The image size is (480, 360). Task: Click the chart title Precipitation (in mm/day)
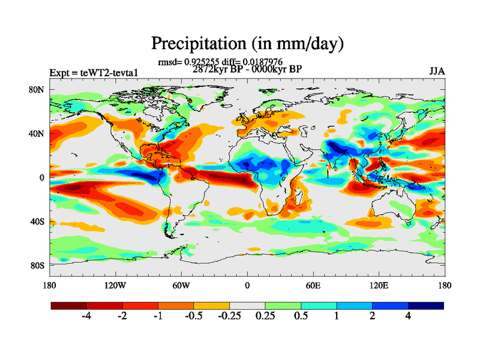pos(247,43)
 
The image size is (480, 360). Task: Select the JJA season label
pos(437,71)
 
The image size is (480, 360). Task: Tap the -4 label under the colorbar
pos(86,316)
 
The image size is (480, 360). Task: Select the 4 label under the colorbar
pos(408,316)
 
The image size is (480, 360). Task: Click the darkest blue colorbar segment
pos(426,305)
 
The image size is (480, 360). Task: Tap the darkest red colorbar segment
pos(69,305)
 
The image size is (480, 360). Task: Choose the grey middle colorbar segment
pos(247,305)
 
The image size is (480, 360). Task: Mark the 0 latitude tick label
pos(43,178)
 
